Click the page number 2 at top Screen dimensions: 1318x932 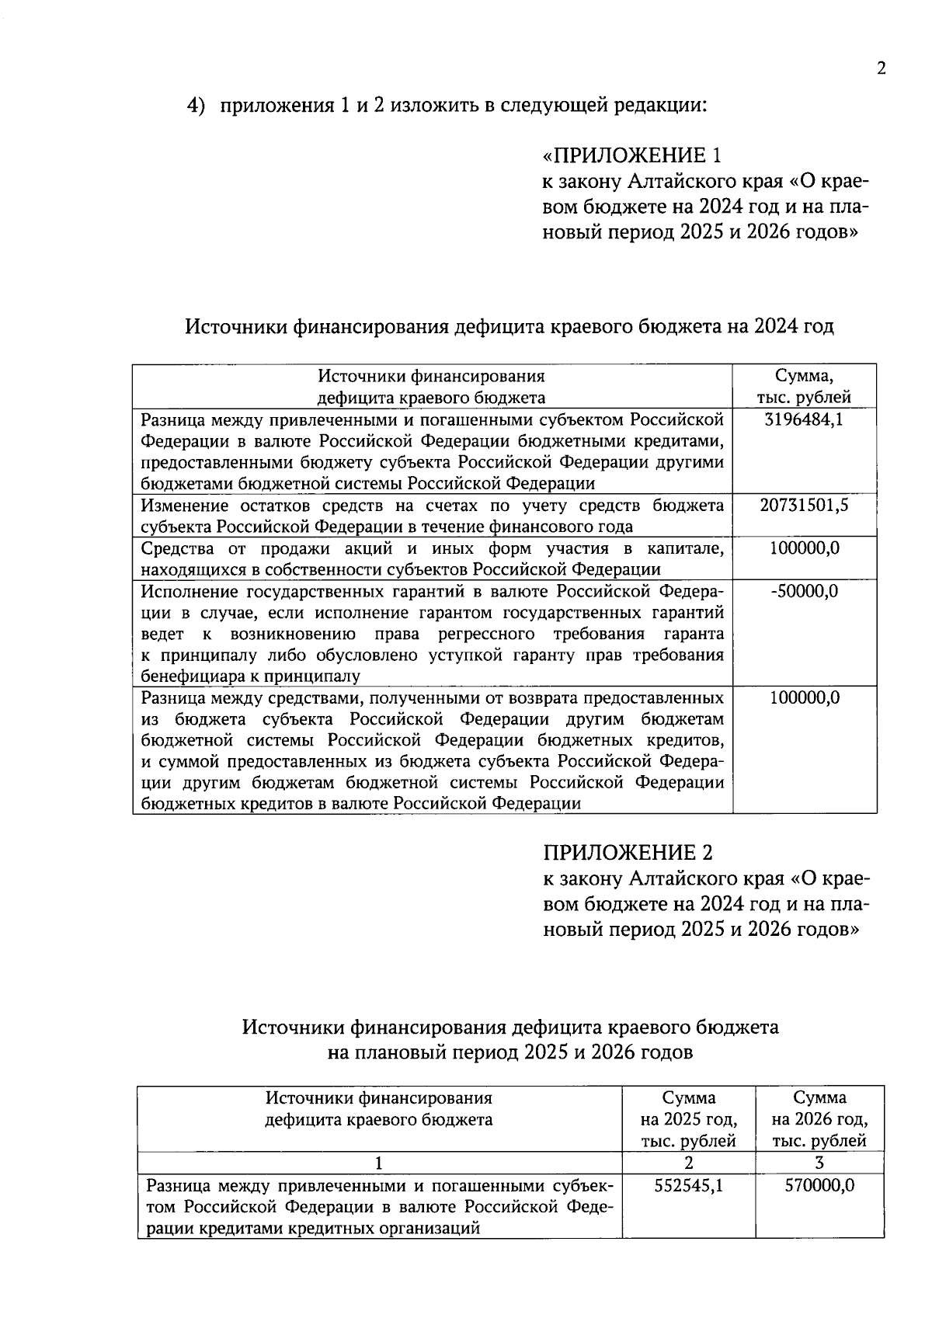pos(881,68)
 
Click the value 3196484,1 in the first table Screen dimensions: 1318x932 pos(804,420)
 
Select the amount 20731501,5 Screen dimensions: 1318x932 pos(804,506)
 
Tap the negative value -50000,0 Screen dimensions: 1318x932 pos(804,591)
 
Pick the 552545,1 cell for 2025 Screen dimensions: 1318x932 pos(688,1186)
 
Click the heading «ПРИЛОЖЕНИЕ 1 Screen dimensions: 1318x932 pos(632,156)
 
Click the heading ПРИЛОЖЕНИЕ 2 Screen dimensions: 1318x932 pos(627,853)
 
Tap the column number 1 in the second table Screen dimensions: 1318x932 pos(379,1163)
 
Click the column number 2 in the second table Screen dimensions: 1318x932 pos(688,1163)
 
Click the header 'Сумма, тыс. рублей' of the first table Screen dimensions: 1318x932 pos(804,387)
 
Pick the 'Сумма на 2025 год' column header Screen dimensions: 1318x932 pos(688,1120)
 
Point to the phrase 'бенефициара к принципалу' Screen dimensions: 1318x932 pos(250,676)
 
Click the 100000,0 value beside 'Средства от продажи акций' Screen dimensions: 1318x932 pos(804,548)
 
